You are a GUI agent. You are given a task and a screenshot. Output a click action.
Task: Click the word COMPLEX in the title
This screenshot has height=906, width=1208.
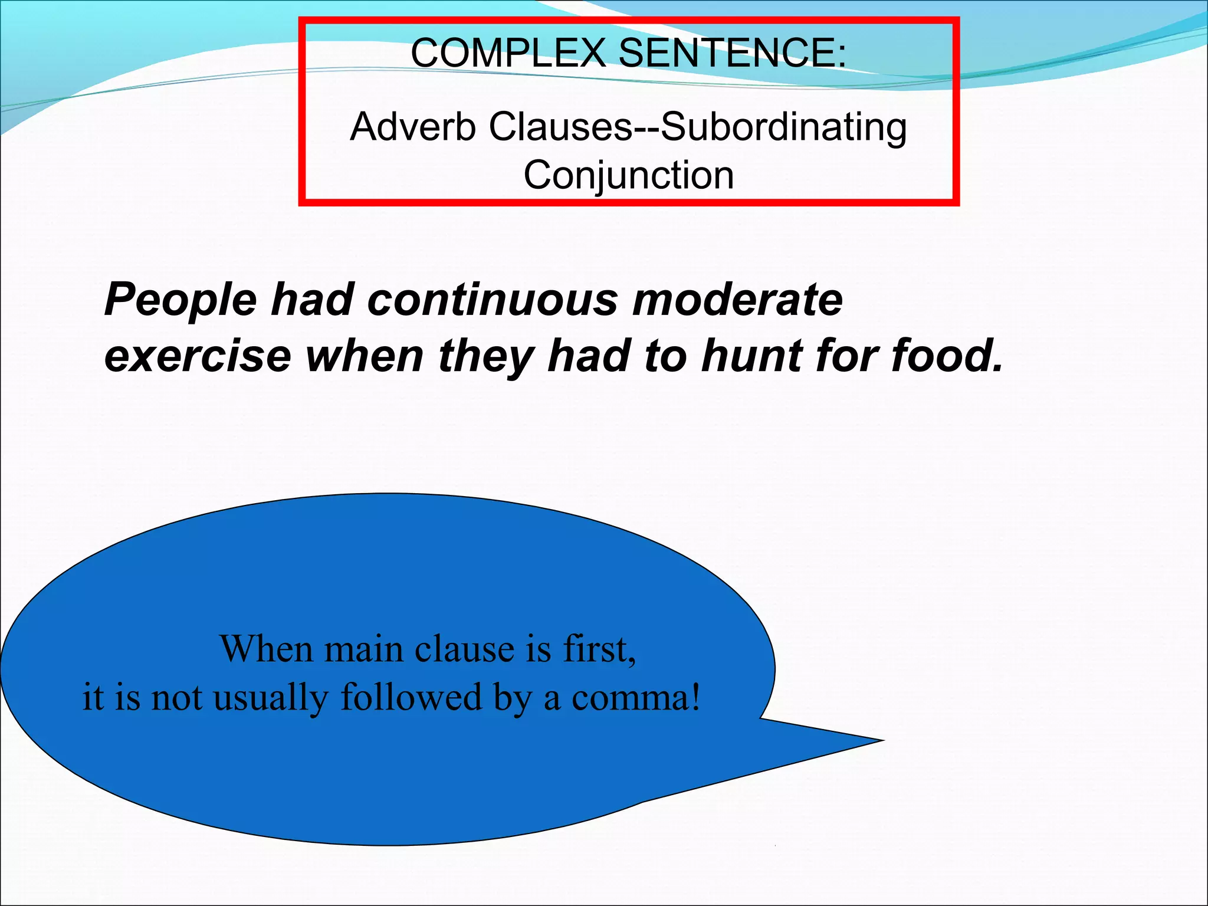coord(507,53)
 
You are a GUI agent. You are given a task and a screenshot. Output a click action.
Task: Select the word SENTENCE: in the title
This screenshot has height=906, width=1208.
coord(731,53)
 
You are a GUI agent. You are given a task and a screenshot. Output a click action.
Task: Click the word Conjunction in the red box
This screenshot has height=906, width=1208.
coord(629,176)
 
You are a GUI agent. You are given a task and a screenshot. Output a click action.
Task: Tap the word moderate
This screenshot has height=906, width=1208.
coord(737,300)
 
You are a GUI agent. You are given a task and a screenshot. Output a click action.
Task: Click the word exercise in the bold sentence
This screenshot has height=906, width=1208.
coord(198,357)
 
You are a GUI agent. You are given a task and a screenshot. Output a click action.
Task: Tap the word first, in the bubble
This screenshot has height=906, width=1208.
coord(599,649)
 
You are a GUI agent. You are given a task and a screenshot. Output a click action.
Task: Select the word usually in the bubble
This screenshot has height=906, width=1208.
coord(270,698)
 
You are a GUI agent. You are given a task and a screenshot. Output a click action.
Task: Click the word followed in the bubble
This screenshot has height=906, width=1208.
coord(411,697)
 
